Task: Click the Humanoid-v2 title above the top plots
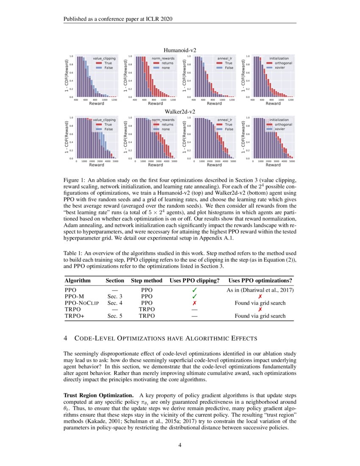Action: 180,50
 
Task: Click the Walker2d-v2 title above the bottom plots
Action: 180,112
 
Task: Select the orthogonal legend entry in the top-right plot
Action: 280,63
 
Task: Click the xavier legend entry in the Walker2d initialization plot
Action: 279,129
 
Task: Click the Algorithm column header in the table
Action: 78,280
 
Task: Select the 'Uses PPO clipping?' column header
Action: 194,280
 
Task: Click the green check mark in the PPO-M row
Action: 194,297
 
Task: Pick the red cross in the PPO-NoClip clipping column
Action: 194,303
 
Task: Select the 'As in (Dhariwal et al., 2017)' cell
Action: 260,290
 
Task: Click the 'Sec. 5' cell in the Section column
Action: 115,316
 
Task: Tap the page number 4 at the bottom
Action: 180,444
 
